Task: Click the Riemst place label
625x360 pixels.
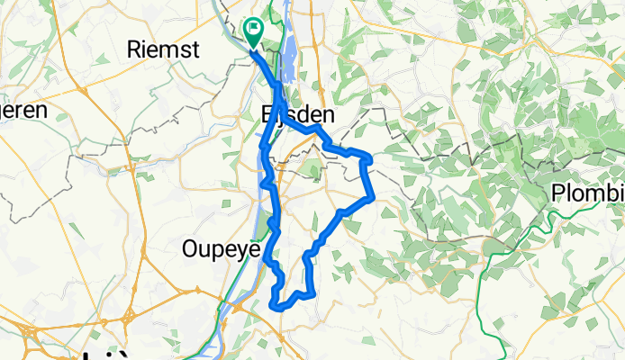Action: pyautogui.click(x=163, y=49)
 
